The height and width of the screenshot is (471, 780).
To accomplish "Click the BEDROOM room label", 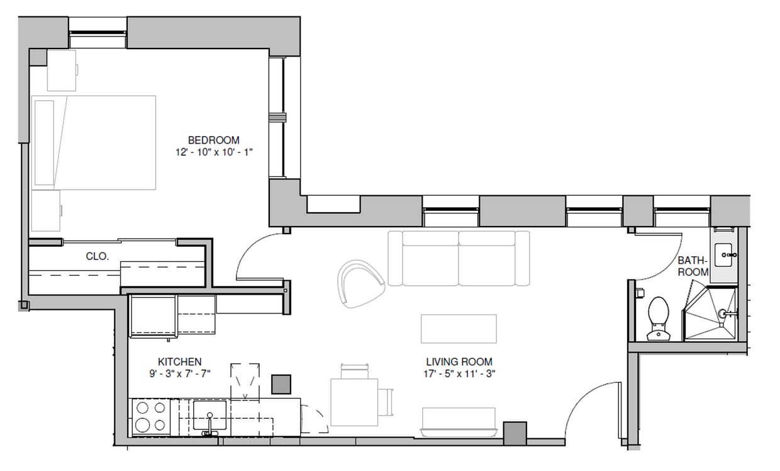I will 213,140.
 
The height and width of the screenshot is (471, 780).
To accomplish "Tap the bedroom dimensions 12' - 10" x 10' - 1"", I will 213,152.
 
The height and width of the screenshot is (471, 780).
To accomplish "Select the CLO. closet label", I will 97,256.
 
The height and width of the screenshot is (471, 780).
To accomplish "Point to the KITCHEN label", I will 179,361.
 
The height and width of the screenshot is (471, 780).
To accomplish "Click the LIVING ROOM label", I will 459,361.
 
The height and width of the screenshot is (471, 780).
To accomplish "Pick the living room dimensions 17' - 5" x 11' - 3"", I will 459,373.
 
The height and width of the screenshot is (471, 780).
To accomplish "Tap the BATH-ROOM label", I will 693,266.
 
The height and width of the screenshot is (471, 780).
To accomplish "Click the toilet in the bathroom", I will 658,318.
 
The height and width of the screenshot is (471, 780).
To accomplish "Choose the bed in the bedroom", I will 94,142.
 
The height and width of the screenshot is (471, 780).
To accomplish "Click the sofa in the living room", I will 459,258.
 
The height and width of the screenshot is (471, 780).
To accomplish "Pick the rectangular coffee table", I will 459,329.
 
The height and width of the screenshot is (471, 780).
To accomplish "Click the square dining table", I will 354,402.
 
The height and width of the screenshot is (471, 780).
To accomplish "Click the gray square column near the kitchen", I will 281,384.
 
